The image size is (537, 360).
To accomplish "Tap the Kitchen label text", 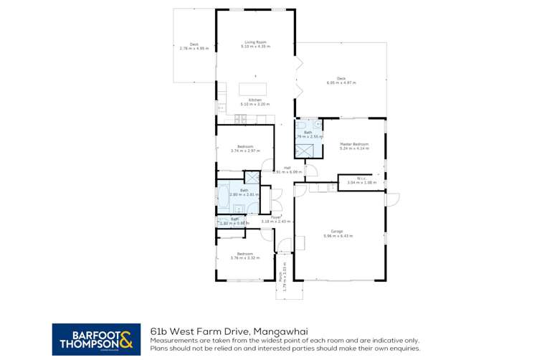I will pyautogui.click(x=255, y=100).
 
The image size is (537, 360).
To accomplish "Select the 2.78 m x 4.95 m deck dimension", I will pyautogui.click(x=194, y=48).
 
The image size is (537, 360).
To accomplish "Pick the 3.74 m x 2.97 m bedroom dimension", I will pyautogui.click(x=244, y=151).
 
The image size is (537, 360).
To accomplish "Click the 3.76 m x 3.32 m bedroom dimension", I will pyautogui.click(x=245, y=257).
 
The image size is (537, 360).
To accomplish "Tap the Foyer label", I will pyautogui.click(x=276, y=217).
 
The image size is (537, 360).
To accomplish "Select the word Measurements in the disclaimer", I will pyautogui.click(x=170, y=340).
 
